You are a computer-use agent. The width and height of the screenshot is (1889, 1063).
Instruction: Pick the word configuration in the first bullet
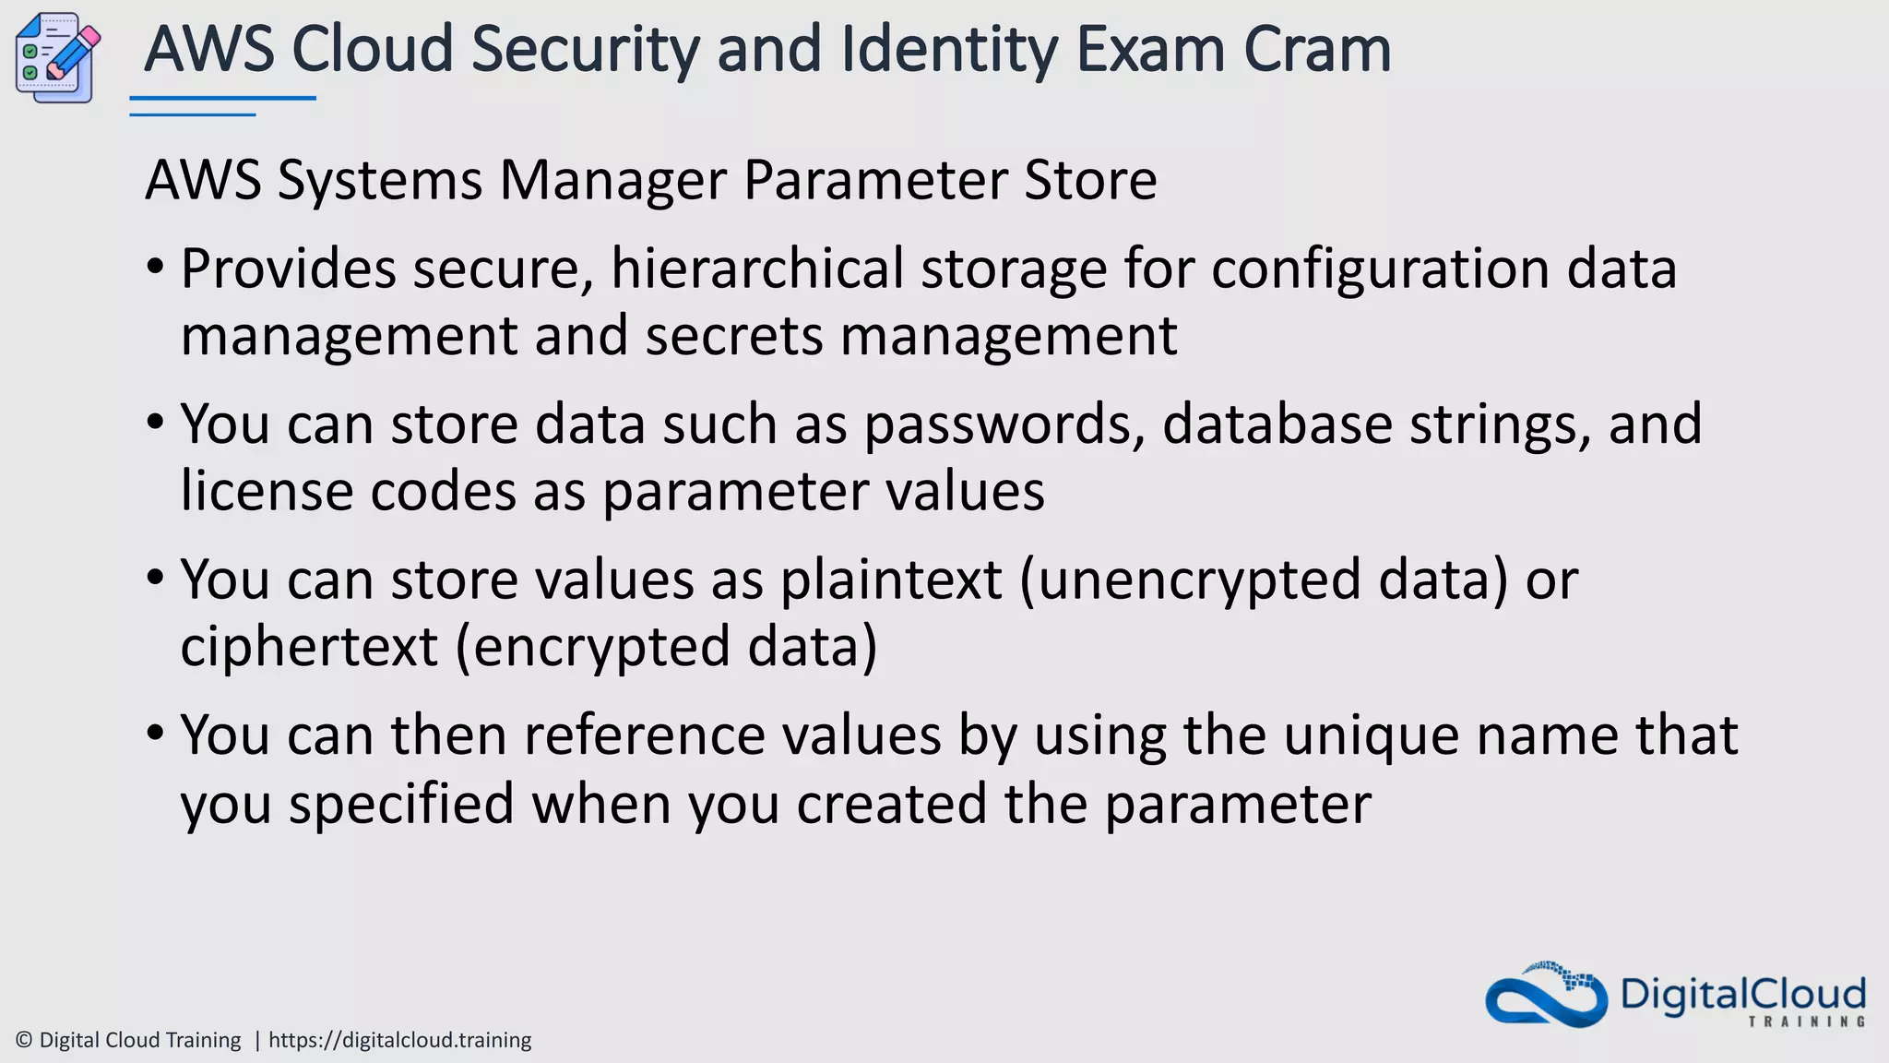point(1380,269)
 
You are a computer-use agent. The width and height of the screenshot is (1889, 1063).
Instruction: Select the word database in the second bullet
point(1277,424)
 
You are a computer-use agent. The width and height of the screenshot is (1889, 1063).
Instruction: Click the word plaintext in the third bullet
point(891,580)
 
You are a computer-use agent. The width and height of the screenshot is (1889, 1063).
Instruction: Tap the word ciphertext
point(309,647)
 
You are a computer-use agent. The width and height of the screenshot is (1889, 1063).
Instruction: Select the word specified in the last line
point(401,804)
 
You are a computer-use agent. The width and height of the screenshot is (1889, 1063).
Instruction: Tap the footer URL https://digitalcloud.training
point(399,1040)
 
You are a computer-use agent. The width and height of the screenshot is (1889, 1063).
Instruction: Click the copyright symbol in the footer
point(25,1040)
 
